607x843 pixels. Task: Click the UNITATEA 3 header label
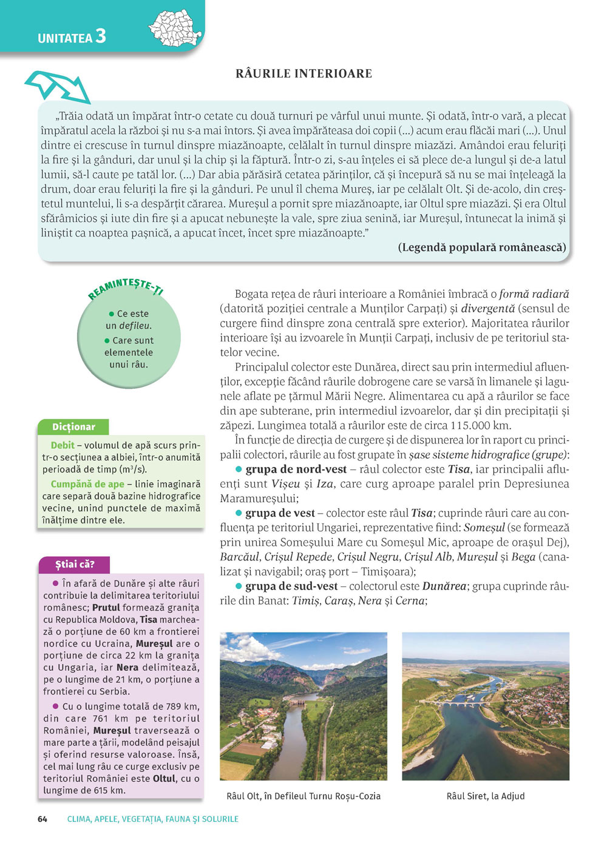pos(72,37)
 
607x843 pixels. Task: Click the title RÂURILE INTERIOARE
pos(303,74)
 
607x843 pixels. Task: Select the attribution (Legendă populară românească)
pos(482,247)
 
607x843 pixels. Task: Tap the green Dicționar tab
pos(73,427)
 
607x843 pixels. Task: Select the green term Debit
pos(63,445)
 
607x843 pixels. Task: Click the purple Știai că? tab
pos(75,565)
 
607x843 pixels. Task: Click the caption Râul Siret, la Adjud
pos(486,796)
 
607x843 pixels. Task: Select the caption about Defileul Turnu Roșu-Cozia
pos(303,796)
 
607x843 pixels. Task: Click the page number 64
pos(42,819)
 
